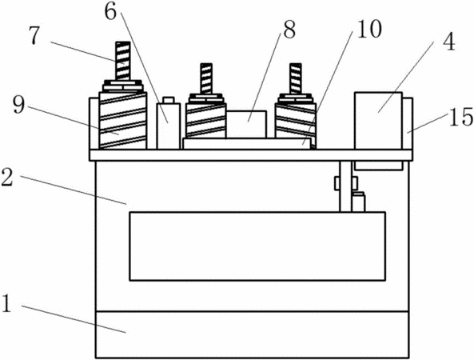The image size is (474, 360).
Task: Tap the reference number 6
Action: (x=111, y=12)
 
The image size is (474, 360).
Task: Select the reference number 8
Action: (x=289, y=30)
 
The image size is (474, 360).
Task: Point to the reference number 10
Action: (x=369, y=29)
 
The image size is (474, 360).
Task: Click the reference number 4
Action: (x=449, y=42)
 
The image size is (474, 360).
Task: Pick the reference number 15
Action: (x=461, y=117)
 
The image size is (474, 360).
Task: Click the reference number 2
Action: (x=6, y=177)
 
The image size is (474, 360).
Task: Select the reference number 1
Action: (x=6, y=303)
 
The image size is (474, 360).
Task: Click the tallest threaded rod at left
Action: (x=123, y=61)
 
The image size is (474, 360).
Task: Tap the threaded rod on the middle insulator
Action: (x=206, y=78)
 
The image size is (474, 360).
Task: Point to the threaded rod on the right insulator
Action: (x=295, y=78)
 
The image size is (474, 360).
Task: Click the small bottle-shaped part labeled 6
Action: (x=169, y=123)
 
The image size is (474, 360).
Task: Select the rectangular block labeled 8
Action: (x=246, y=124)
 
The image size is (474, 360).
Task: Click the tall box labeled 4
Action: (x=378, y=130)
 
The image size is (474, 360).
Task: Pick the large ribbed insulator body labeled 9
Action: (x=123, y=121)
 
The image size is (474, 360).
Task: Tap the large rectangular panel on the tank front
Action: (x=257, y=246)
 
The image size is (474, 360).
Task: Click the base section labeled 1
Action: (x=252, y=334)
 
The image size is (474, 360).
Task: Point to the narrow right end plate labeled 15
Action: (x=408, y=123)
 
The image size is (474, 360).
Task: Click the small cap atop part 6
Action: (x=169, y=100)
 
